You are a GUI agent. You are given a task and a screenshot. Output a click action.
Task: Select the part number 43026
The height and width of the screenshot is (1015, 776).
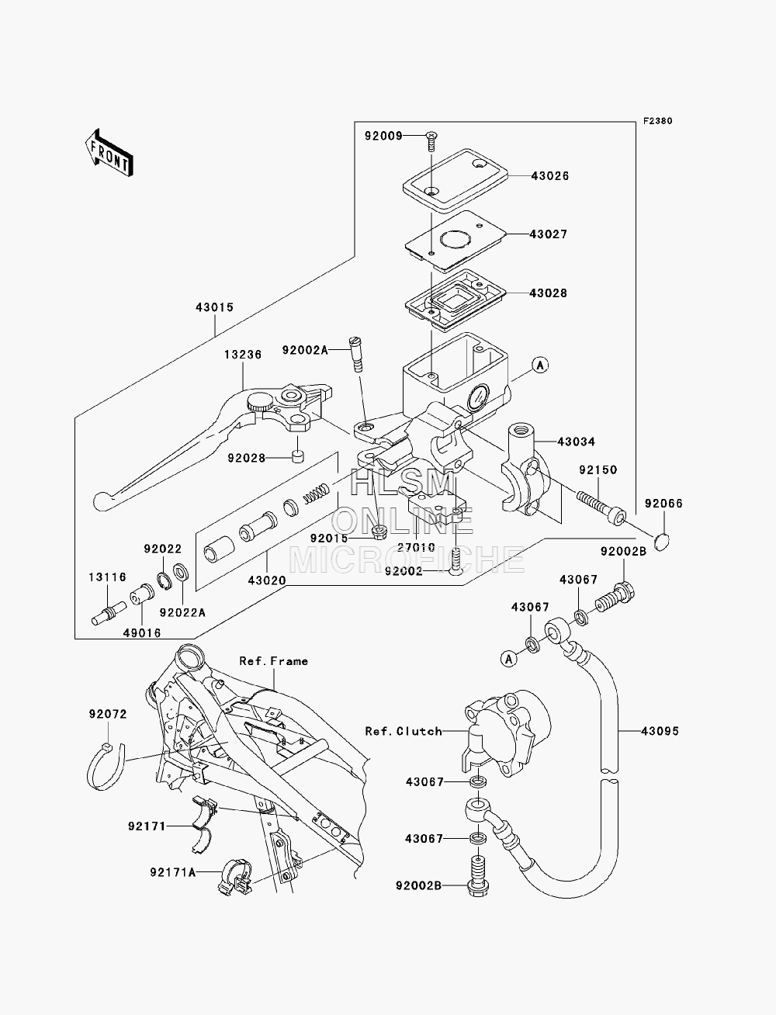[550, 175]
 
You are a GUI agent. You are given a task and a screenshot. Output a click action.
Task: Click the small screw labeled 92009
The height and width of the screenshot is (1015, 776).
[431, 141]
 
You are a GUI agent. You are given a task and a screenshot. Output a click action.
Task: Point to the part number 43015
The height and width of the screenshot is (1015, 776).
[215, 307]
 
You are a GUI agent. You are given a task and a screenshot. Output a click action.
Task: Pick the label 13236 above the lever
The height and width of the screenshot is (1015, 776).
[243, 355]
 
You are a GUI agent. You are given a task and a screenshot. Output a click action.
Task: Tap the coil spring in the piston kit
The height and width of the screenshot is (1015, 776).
[317, 493]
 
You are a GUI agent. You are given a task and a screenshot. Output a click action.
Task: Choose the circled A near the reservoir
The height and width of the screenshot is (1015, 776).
[539, 365]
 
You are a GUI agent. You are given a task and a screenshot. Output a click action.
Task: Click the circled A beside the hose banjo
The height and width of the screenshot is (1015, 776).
[509, 659]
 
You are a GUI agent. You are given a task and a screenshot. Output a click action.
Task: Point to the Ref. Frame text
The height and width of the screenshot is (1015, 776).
[274, 661]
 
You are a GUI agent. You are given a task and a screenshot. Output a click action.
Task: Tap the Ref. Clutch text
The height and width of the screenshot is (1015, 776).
[404, 731]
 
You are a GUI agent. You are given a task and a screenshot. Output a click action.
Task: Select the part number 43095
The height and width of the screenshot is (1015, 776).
[660, 731]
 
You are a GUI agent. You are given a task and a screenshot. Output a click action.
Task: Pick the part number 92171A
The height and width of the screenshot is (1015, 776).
[173, 872]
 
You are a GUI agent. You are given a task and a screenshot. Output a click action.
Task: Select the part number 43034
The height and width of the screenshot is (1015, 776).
[577, 442]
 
